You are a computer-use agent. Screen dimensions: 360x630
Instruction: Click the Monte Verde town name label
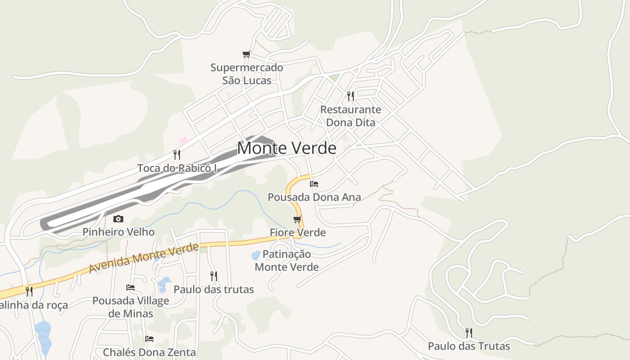[x=286, y=148]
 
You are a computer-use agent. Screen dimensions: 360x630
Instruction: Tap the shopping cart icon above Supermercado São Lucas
[x=246, y=54]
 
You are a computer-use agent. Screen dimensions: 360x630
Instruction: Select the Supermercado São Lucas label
[x=247, y=74]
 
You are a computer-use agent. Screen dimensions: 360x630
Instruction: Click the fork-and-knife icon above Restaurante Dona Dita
[x=351, y=96]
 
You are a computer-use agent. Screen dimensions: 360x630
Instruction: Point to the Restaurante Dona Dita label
[x=351, y=116]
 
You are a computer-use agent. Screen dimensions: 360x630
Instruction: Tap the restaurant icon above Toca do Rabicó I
[x=177, y=155]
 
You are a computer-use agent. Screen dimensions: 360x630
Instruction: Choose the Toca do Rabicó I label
[x=177, y=168]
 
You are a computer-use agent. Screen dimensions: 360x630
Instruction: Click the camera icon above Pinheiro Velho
[x=118, y=219]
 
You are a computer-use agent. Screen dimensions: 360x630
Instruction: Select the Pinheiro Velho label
[x=118, y=232]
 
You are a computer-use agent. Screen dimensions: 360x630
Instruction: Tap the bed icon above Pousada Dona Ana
[x=314, y=184]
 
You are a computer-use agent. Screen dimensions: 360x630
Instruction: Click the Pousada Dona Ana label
[x=314, y=197]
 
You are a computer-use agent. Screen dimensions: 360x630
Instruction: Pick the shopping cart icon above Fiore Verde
[x=297, y=219]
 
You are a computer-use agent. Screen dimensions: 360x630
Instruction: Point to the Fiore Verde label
[x=297, y=233]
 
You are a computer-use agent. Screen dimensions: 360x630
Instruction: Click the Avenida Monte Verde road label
[x=144, y=258]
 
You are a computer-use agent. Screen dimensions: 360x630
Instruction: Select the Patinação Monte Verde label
[x=287, y=261]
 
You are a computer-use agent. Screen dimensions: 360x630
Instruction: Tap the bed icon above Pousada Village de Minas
[x=130, y=287]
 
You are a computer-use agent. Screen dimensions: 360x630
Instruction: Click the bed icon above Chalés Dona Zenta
[x=149, y=338]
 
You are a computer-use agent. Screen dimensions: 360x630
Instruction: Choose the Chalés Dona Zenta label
[x=149, y=352]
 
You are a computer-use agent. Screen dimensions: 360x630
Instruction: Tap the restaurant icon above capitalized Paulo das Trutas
[x=468, y=333]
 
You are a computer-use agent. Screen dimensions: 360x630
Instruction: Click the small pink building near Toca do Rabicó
[x=183, y=141]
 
